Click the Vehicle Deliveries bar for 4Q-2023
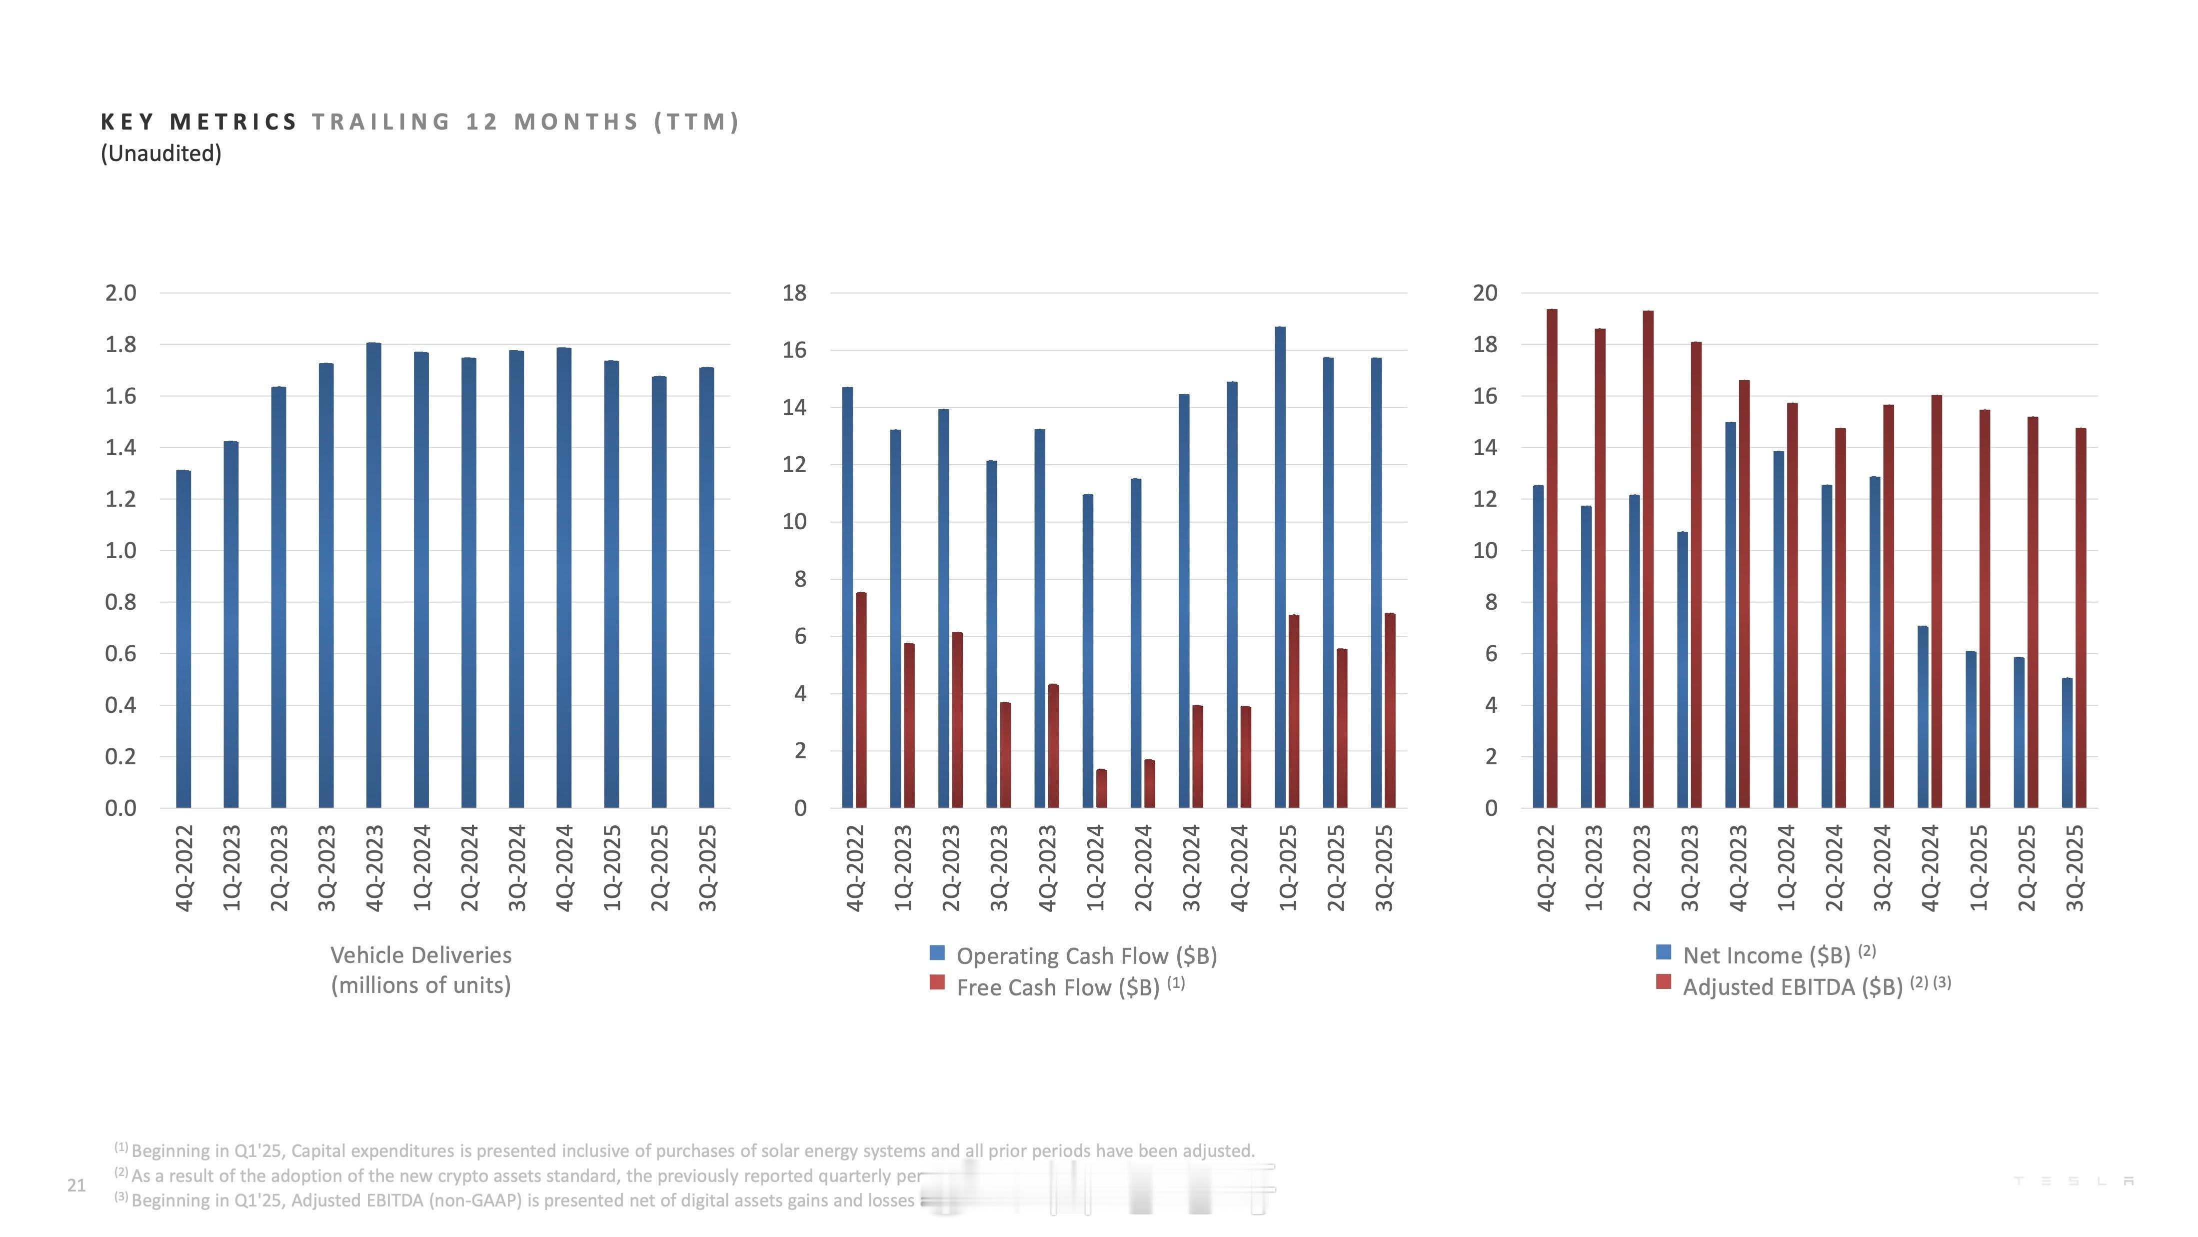(x=374, y=576)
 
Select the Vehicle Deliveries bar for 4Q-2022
(x=183, y=640)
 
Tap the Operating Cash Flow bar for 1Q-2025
(x=1280, y=568)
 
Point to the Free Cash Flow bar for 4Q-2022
(x=861, y=700)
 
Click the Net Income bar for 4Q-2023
(x=1731, y=615)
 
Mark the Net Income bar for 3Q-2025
(x=2067, y=743)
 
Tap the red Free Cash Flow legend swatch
(x=937, y=982)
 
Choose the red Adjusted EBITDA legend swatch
(x=1663, y=982)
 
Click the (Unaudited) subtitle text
(x=161, y=154)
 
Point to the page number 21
(x=77, y=1185)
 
